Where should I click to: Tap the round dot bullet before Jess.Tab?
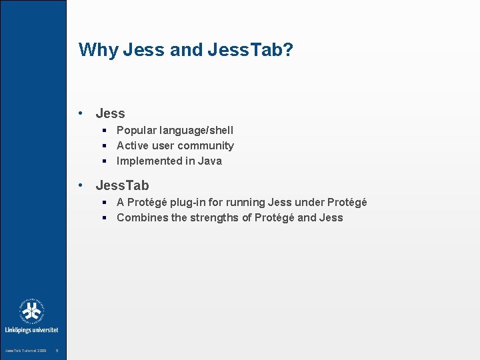[80, 186]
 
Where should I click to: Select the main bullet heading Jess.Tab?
[122, 185]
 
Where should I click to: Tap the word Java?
[209, 161]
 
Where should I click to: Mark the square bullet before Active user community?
[105, 145]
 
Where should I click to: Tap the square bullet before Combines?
[105, 217]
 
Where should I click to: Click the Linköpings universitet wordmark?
[32, 329]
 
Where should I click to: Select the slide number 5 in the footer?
[57, 351]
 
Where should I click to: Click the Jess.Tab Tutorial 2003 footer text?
[26, 351]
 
